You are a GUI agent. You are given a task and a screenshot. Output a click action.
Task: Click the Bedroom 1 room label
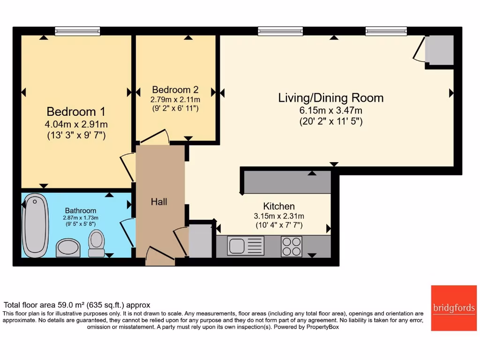[x=76, y=112]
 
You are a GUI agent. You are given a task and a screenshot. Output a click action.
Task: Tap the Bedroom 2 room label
[x=175, y=90]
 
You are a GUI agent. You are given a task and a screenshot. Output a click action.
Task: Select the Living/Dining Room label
[x=331, y=98]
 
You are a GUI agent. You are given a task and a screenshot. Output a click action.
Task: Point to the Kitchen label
[x=279, y=206]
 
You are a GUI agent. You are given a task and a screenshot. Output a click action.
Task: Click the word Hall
[x=159, y=202]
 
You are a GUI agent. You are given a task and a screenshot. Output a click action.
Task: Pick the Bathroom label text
[x=81, y=211]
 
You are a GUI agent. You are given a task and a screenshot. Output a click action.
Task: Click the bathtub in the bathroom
[x=35, y=225]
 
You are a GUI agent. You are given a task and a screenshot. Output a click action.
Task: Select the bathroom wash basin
[x=68, y=247]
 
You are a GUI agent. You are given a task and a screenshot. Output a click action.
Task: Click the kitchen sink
[x=246, y=246]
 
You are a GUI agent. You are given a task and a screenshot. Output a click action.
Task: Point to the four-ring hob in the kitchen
[x=292, y=246]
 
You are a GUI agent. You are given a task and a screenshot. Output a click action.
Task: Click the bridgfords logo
[x=454, y=308]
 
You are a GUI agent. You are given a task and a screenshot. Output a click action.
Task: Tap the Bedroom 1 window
[x=77, y=31]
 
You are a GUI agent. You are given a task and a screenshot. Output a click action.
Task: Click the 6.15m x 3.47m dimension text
[x=331, y=111]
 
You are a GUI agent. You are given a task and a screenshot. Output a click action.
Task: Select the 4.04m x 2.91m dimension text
[x=76, y=125]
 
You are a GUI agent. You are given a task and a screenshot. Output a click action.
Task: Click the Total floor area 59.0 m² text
[x=77, y=305]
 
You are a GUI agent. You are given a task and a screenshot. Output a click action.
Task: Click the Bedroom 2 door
[x=155, y=137]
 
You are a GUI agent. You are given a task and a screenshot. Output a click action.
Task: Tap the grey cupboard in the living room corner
[x=439, y=51]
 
